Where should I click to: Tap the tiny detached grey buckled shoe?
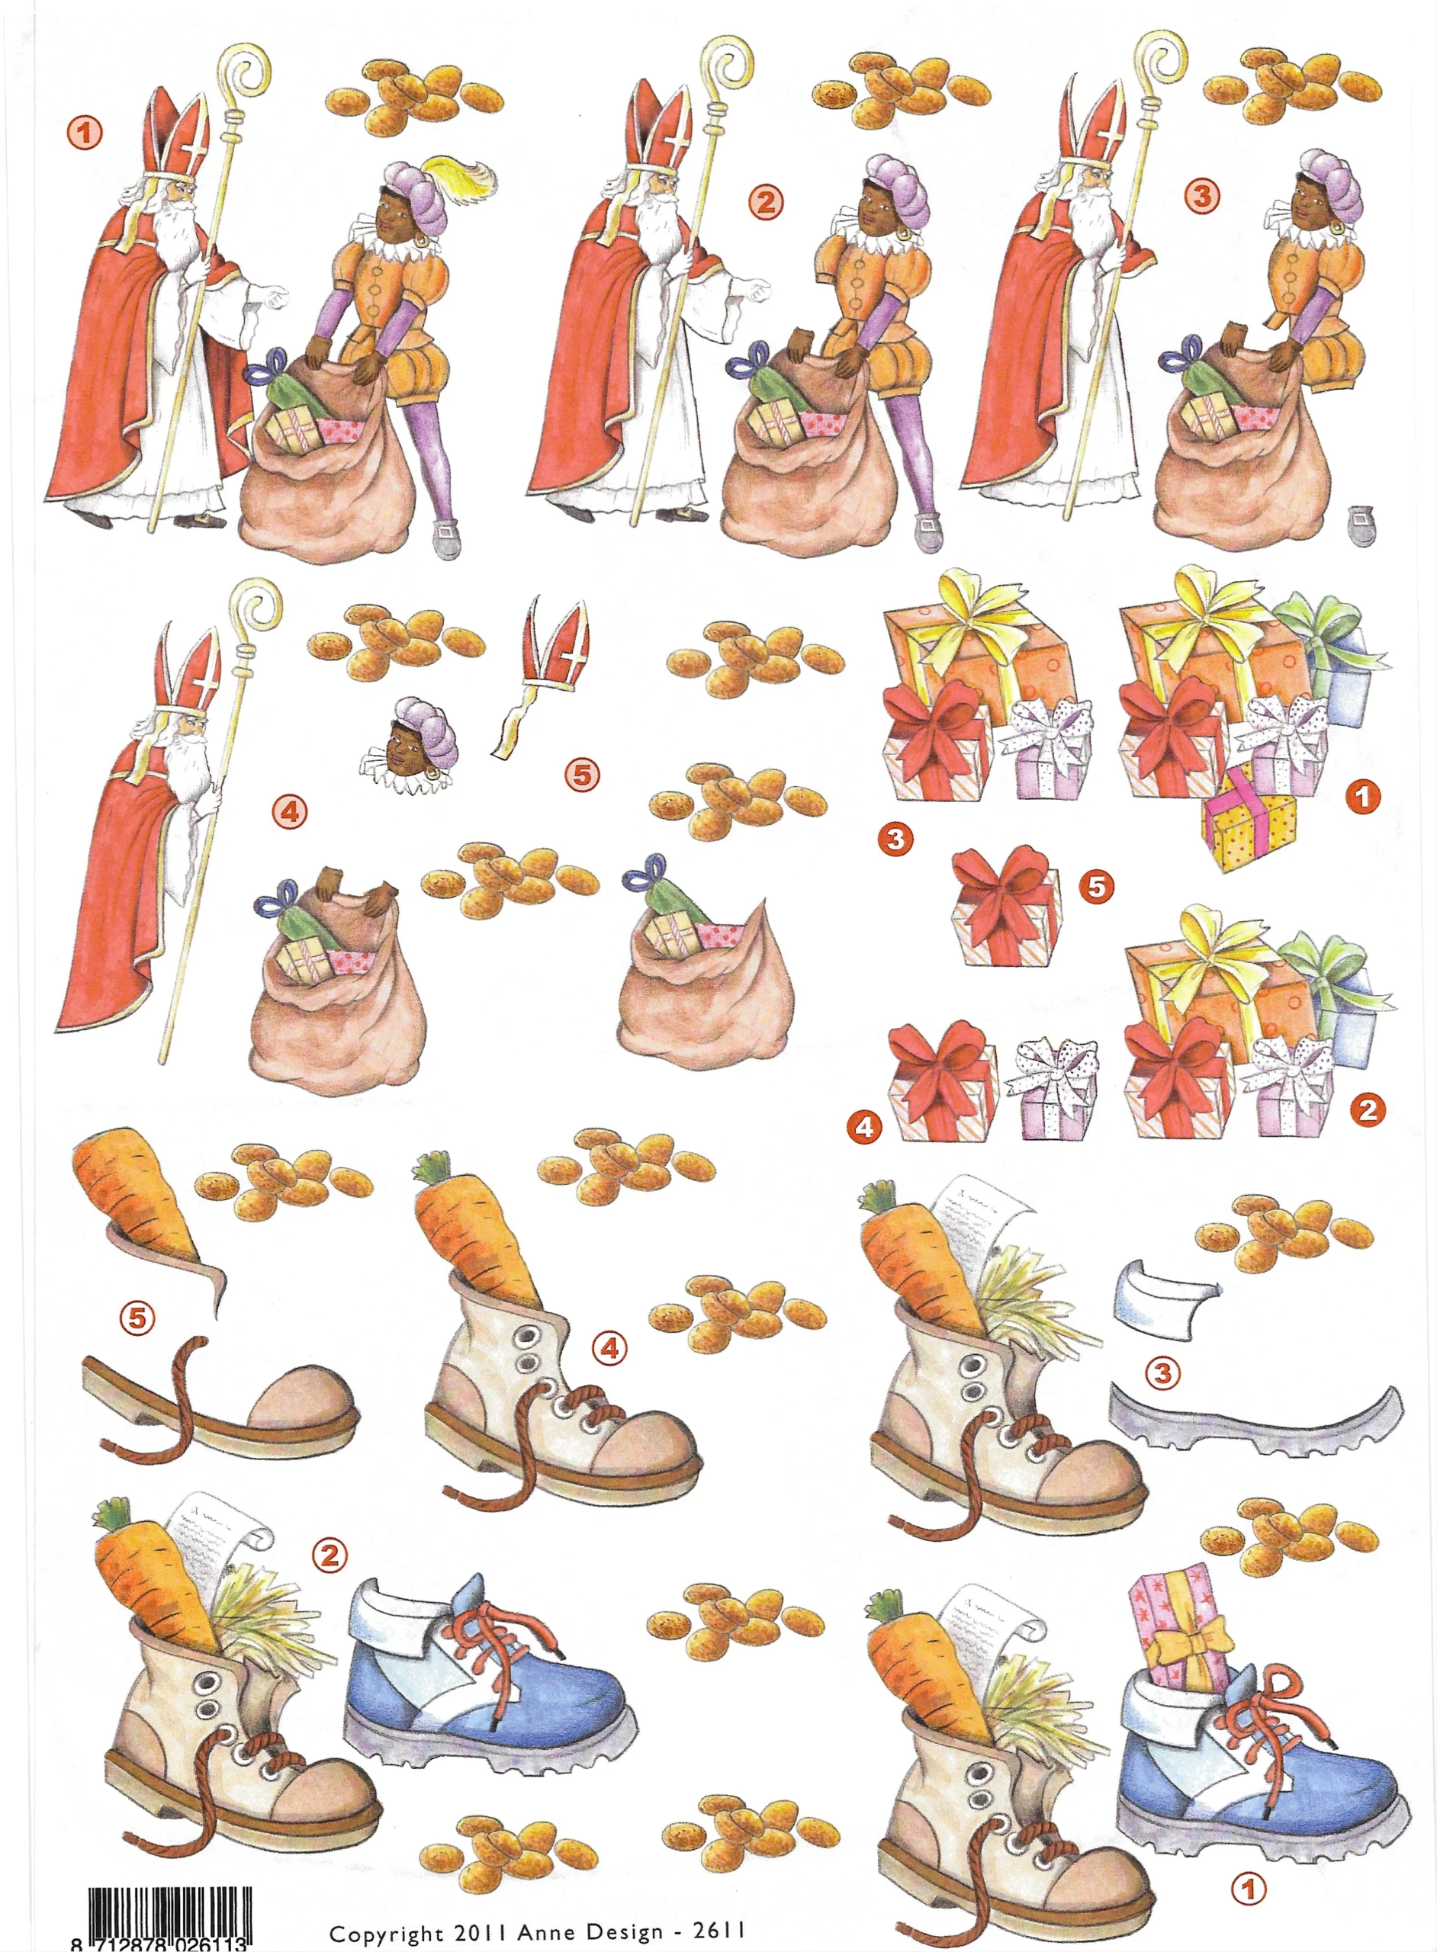pos(1361,525)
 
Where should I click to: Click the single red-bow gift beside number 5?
pos(1006,907)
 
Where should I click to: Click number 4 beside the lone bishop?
pos(290,812)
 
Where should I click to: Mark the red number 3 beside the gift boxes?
pos(895,838)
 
